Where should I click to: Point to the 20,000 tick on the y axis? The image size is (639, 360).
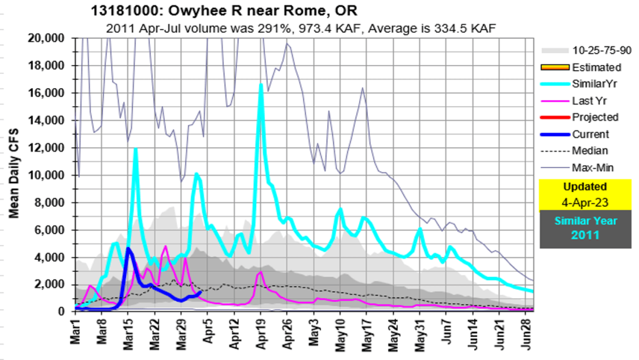click(47, 38)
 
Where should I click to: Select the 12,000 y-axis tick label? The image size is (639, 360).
click(47, 147)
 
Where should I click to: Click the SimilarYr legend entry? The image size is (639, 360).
click(596, 84)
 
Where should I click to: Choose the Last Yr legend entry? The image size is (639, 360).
click(590, 101)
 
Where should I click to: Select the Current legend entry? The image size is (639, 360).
click(590, 134)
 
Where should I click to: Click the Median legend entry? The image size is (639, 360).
click(590, 151)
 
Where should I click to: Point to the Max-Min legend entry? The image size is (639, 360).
click(592, 167)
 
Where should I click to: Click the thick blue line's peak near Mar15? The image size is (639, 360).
click(128, 249)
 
